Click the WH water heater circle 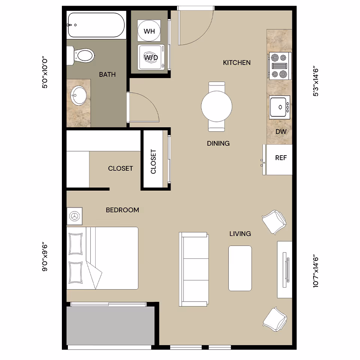[149, 31]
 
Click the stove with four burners [280, 66]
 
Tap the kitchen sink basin [279, 107]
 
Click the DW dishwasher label [281, 132]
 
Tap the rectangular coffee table [240, 268]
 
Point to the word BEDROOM [122, 210]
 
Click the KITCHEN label [237, 63]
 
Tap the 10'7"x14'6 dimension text [316, 271]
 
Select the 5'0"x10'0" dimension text [45, 73]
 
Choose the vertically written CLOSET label [153, 162]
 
